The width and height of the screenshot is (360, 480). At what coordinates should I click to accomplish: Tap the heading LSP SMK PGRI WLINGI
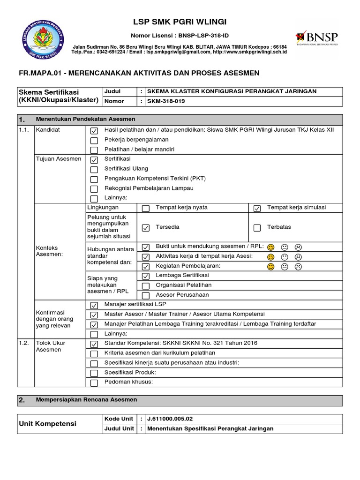180,22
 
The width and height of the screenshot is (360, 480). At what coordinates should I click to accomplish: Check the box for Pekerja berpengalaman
94,140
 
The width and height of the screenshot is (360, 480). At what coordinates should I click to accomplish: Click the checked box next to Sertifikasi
94,160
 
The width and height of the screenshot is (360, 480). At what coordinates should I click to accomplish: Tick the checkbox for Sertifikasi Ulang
94,170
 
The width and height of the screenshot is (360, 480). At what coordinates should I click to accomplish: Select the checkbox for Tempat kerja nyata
146,209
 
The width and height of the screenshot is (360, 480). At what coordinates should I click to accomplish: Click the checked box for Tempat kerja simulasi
257,209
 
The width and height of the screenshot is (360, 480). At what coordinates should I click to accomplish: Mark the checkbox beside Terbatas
257,228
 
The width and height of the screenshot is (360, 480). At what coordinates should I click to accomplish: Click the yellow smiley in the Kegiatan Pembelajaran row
270,267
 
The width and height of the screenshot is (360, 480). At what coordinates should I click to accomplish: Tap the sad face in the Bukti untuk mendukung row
298,247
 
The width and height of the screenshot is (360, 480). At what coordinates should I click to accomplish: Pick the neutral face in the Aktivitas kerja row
284,257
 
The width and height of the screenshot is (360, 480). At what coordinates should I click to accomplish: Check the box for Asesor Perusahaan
146,295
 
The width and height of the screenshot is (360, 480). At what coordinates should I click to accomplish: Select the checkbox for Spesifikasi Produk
94,373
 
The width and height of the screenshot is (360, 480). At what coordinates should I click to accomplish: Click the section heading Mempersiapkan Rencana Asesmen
87,400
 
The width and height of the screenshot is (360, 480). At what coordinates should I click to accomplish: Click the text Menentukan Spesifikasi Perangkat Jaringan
210,428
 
